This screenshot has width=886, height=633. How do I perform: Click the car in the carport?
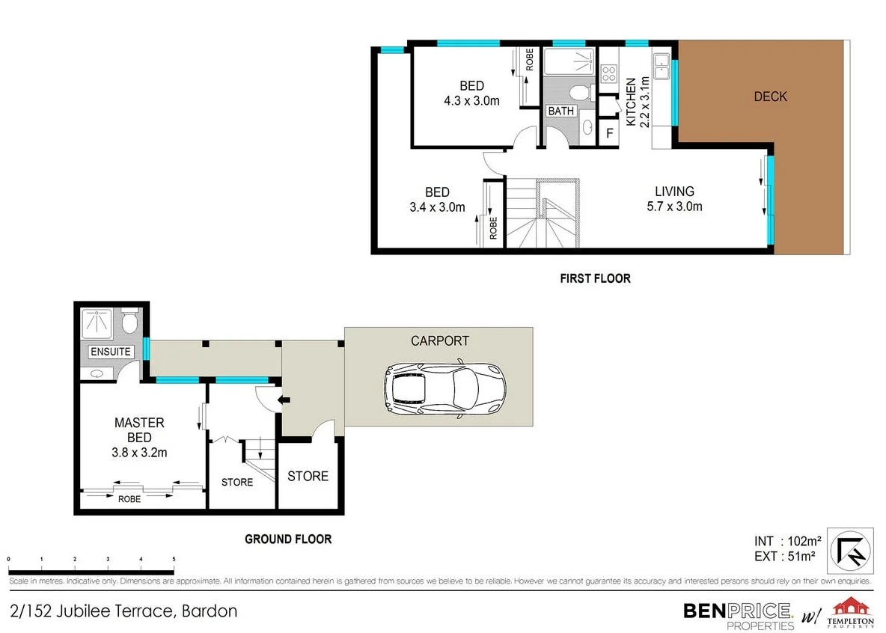click(444, 388)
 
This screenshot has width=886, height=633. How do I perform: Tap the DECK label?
click(770, 97)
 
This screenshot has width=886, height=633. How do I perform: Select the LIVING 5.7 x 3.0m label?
click(674, 199)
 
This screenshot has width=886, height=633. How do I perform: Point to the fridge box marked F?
click(609, 134)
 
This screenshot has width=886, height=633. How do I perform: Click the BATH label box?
click(561, 111)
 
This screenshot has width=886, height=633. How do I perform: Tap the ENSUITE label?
click(111, 352)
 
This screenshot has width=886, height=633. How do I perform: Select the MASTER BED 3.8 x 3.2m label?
click(139, 437)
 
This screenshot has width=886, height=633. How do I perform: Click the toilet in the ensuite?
click(129, 323)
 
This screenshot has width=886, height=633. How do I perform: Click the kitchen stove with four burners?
click(608, 73)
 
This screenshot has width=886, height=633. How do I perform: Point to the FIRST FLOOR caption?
click(595, 278)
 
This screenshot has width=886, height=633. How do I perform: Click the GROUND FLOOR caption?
click(288, 539)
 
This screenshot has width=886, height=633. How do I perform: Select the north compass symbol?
click(854, 548)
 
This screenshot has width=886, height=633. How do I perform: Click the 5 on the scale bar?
click(174, 559)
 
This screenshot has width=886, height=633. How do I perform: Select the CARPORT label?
click(440, 340)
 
